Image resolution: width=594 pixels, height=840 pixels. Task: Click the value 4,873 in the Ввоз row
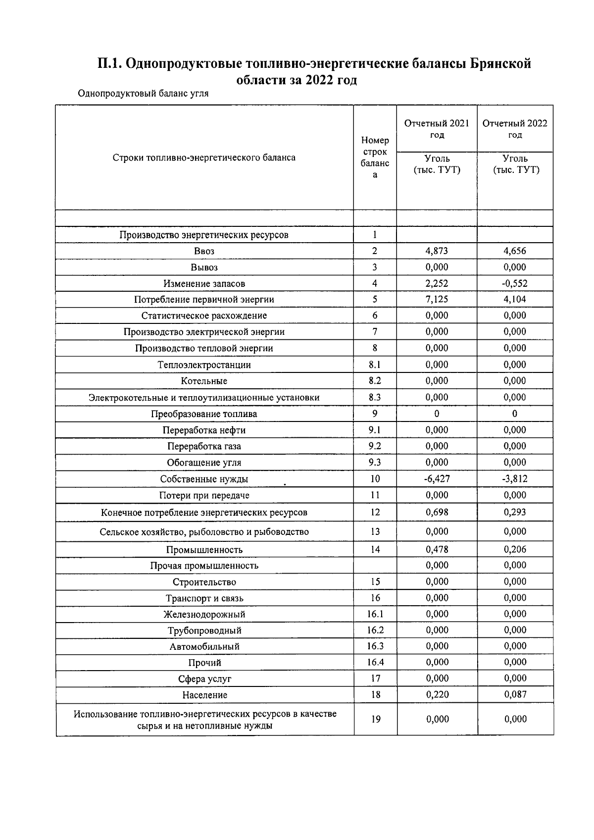point(437,251)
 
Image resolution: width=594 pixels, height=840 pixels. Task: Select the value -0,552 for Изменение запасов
point(515,283)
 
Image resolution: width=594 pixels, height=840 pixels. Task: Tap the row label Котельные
point(204,381)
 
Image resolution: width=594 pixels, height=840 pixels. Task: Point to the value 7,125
point(437,299)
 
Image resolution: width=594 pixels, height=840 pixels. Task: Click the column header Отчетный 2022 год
point(515,129)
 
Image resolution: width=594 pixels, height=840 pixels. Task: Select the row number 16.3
point(375,646)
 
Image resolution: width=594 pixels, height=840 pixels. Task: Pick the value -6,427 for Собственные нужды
point(437,478)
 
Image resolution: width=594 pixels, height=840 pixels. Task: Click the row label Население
point(204,695)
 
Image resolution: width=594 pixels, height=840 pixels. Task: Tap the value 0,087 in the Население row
point(515,694)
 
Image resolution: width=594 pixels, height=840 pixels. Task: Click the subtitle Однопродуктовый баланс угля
point(143,94)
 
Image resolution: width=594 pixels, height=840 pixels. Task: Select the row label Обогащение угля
point(204,463)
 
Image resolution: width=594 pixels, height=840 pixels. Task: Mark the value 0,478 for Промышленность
point(437,549)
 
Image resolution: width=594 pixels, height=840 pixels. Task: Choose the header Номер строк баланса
point(375,157)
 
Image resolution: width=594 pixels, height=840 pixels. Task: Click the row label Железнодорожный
point(204,615)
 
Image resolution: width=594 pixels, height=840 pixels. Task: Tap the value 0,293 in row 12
point(515,512)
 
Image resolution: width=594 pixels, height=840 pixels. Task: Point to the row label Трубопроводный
point(204,630)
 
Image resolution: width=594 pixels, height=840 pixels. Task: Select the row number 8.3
point(375,397)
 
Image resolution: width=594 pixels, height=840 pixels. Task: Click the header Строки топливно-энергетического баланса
point(204,157)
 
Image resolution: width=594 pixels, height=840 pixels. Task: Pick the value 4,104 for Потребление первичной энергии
point(515,299)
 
